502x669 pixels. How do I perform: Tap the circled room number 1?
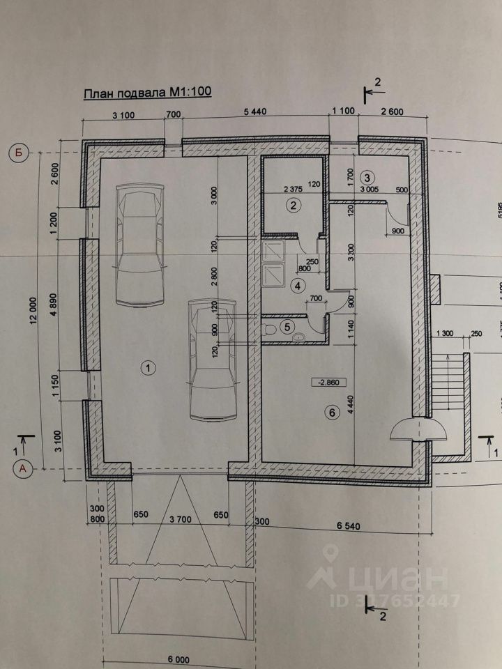coord(147,365)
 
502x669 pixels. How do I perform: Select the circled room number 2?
coord(294,205)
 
